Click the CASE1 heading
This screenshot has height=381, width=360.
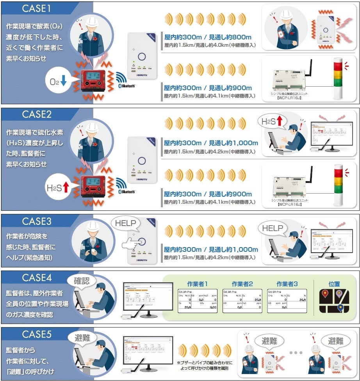pos(37,8)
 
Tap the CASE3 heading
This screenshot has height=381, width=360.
pos(37,221)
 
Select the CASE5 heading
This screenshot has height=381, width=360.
pos(37,335)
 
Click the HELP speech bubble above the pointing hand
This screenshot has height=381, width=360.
pos(125,223)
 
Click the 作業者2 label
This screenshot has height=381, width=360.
pos(242,284)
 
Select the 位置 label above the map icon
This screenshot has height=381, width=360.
pos(334,284)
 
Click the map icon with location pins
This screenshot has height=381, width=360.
pos(334,301)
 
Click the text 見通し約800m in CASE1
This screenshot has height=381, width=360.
pos(230,37)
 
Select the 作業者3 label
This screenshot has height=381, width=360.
pos(287,284)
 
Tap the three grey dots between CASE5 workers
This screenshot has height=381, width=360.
pos(296,353)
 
